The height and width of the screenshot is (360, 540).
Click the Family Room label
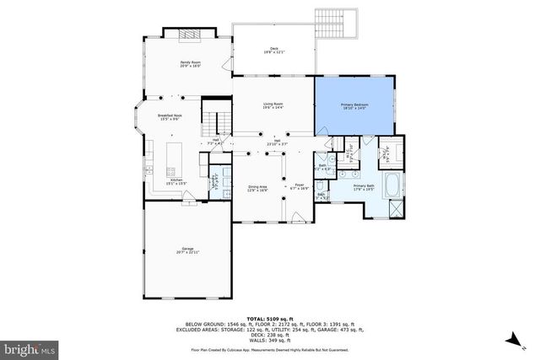[x=189, y=64]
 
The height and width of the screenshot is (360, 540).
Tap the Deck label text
[x=273, y=50]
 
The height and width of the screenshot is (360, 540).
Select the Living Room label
[x=273, y=105]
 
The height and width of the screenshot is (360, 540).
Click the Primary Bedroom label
[x=355, y=105]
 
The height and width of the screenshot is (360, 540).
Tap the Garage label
[x=187, y=250]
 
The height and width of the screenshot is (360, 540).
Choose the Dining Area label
[x=256, y=190]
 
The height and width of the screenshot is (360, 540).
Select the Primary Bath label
[x=364, y=187]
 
